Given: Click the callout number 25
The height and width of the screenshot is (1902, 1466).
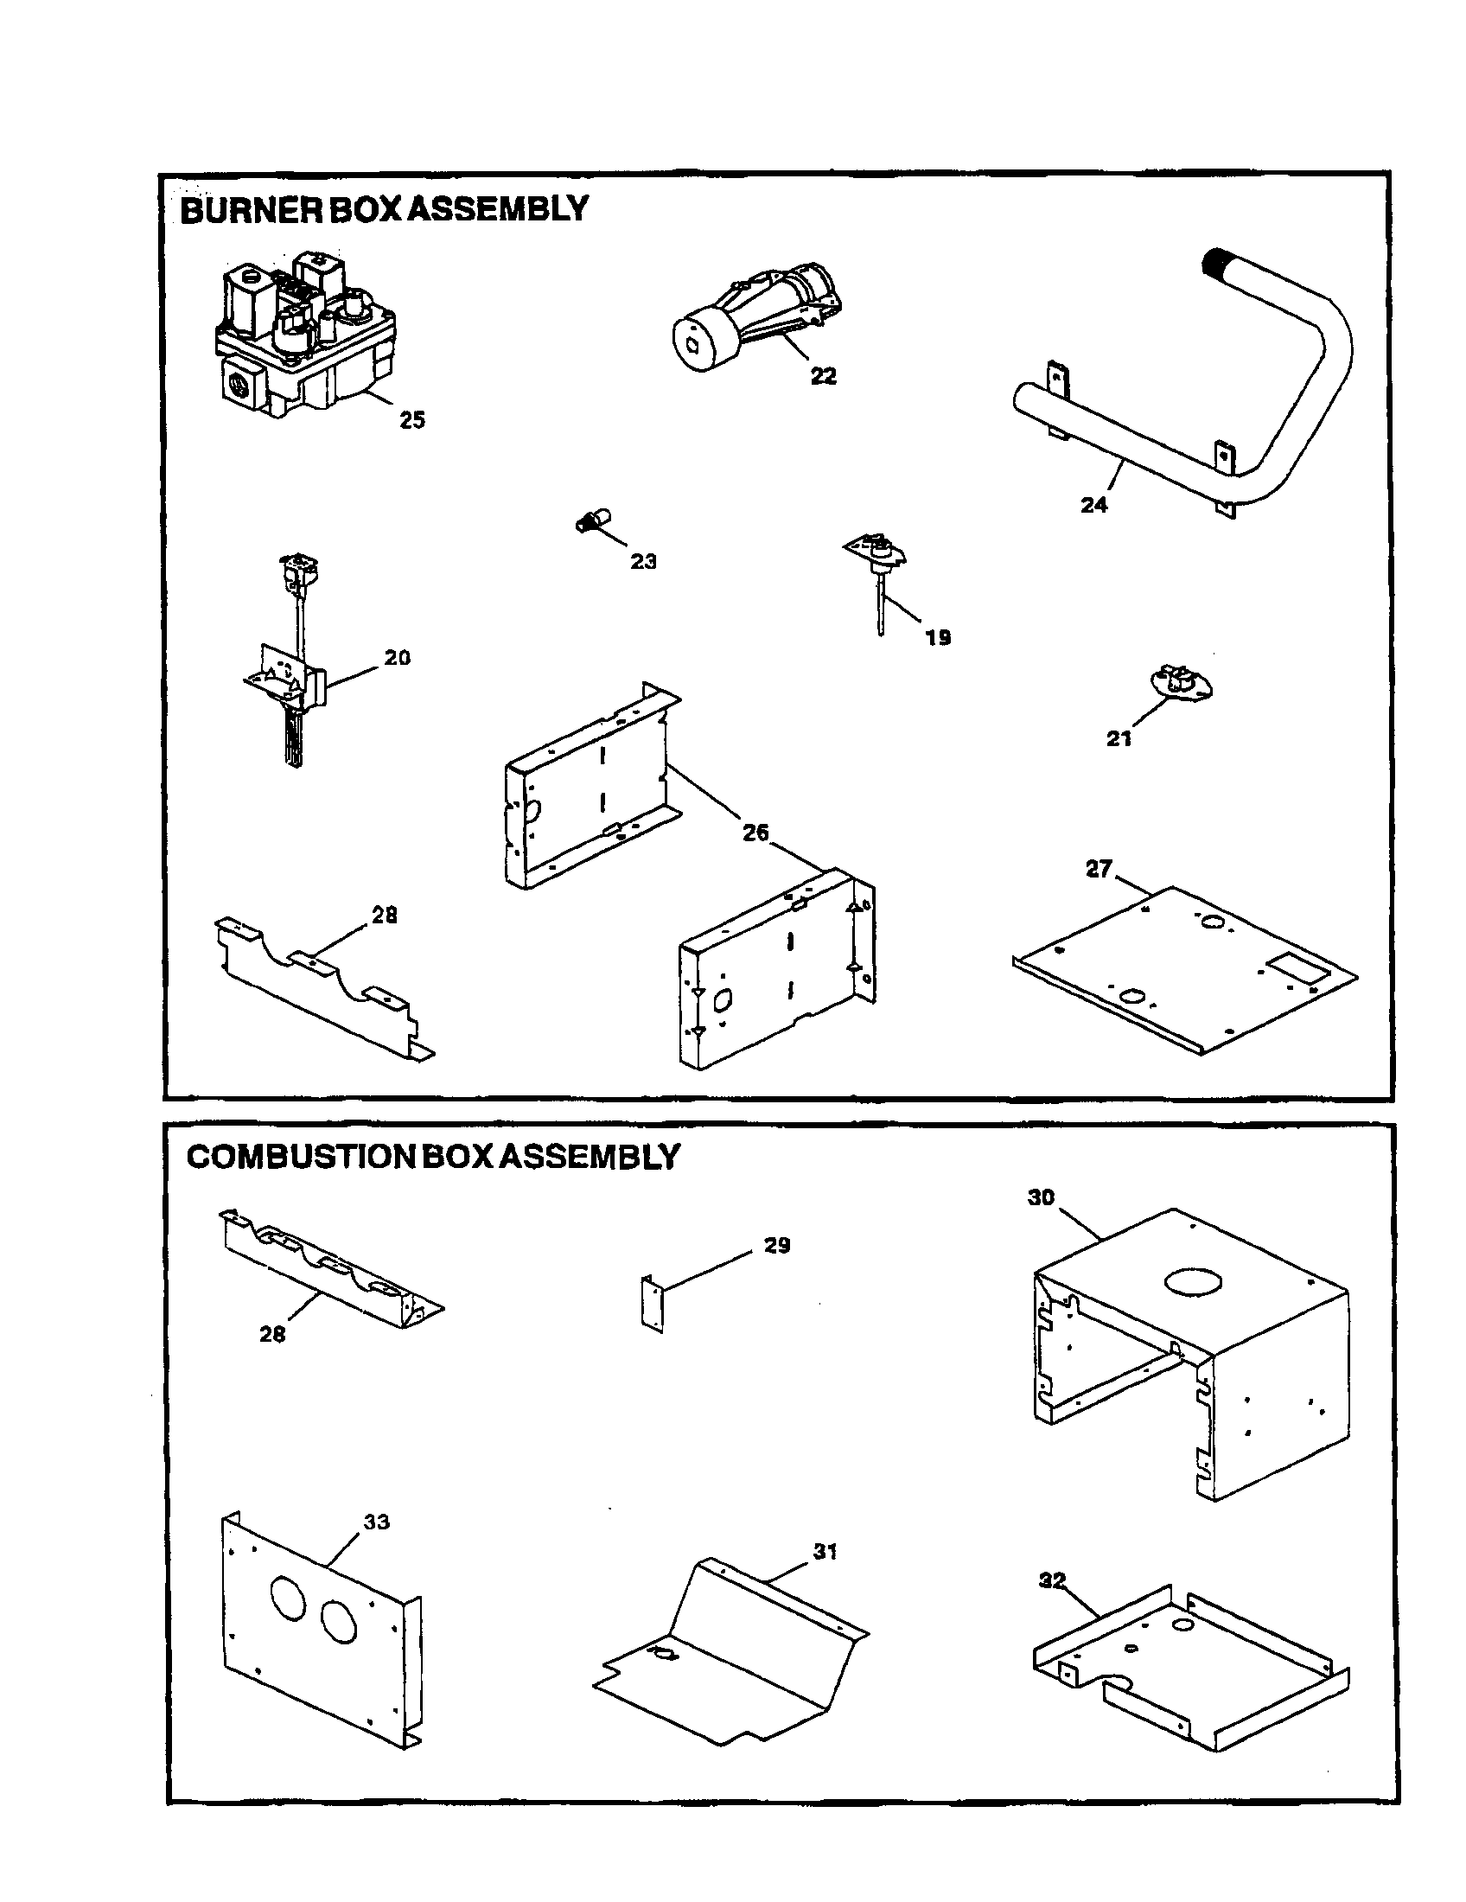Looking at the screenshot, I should click(x=411, y=420).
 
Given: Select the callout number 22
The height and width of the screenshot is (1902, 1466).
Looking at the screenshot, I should click(x=823, y=375).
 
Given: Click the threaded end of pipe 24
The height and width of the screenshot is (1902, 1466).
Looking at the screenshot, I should click(x=1216, y=262).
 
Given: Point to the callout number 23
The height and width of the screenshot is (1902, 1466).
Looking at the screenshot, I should click(x=643, y=562).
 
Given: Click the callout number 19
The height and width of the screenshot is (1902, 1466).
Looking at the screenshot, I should click(x=938, y=637).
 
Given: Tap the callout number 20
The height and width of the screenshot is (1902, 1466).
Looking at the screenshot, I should click(x=397, y=658).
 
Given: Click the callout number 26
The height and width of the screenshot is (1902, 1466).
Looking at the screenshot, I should click(x=755, y=833).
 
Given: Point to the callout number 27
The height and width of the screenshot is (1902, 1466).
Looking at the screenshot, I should click(x=1099, y=868).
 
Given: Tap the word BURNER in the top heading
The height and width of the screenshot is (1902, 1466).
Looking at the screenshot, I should click(x=251, y=210).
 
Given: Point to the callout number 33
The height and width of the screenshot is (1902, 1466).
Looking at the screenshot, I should click(x=376, y=1522).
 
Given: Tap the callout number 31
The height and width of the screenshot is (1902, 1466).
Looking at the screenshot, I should click(x=825, y=1551).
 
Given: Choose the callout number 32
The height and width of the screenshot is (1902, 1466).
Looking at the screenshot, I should click(x=1052, y=1580).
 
